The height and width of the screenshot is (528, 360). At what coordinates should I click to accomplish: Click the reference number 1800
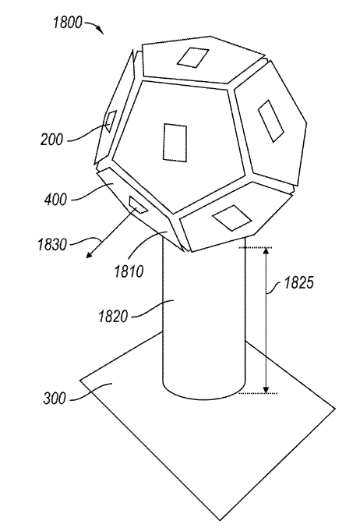pos(67,23)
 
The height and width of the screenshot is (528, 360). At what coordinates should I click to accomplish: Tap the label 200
pos(51,139)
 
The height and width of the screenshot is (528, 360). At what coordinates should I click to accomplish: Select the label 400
pos(55,200)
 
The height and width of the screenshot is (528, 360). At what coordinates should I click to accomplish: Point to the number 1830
pos(52,244)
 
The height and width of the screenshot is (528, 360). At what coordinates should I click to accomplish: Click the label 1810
pos(129,271)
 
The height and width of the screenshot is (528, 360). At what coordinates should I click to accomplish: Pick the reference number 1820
pos(113,317)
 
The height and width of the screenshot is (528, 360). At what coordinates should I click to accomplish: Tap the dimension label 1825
pos(298,283)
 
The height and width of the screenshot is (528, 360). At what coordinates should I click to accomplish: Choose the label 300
pos(55,399)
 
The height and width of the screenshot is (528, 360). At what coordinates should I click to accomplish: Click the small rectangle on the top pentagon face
pos(193,58)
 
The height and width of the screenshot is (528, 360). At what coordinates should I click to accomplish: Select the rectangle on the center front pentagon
pos(175,143)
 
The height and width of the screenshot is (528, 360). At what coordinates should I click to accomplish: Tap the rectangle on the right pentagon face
pos(271,121)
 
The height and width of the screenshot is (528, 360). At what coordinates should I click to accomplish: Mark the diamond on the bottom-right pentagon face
pos(232,218)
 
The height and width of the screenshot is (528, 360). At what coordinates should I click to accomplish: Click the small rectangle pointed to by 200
pos(111,121)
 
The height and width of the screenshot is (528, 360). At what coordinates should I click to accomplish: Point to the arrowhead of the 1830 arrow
pos(89,255)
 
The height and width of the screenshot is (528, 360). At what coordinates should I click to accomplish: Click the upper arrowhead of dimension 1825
pos(266,251)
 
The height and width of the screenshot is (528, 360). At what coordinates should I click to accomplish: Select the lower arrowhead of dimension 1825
pos(266,390)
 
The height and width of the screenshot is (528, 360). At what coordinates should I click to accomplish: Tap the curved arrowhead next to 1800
pos(101,31)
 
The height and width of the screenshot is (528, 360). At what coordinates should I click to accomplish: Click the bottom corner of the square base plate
pos(220,519)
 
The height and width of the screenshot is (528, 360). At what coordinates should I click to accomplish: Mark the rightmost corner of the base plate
pos(335,409)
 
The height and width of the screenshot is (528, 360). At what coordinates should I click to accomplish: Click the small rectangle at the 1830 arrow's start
pos(138,205)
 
